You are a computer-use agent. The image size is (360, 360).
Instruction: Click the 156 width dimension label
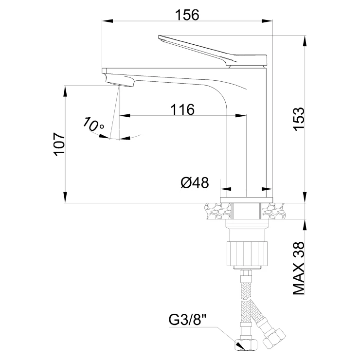coord(187,15)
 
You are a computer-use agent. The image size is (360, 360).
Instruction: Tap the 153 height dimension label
coord(299,119)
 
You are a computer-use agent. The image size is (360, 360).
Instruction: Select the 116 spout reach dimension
coord(182,109)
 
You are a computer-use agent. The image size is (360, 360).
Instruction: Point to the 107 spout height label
coord(59,144)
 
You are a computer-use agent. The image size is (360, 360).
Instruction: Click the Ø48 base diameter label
coord(195,183)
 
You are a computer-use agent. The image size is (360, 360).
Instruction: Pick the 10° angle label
coord(93,125)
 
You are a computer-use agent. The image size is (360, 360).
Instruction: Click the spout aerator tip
coord(119,80)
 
